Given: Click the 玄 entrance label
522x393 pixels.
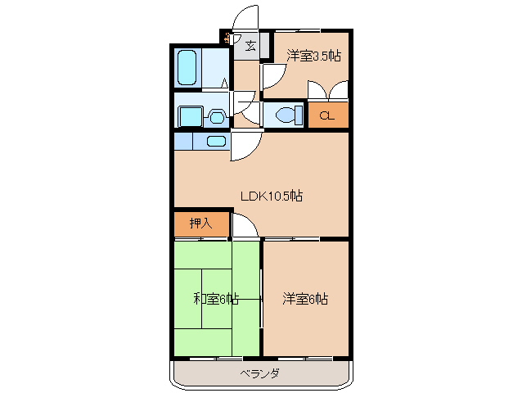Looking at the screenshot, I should click(250, 46).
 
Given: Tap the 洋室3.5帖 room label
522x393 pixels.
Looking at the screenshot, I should click(314, 56).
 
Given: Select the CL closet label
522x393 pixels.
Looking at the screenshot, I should click(326, 115).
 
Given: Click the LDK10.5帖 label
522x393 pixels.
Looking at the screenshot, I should click(272, 196).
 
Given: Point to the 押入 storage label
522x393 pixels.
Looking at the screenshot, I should click(200, 223).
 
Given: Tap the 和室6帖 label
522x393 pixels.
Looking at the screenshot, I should click(216, 299).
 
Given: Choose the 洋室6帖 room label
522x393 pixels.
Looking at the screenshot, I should click(305, 299).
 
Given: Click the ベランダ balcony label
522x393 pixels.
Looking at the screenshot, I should click(260, 373).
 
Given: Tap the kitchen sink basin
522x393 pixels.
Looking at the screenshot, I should click(216, 141).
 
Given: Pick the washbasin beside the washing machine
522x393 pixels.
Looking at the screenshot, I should click(217, 116).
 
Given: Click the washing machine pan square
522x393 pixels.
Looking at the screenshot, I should click(191, 116).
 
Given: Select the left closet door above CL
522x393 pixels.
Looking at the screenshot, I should click(316, 90).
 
